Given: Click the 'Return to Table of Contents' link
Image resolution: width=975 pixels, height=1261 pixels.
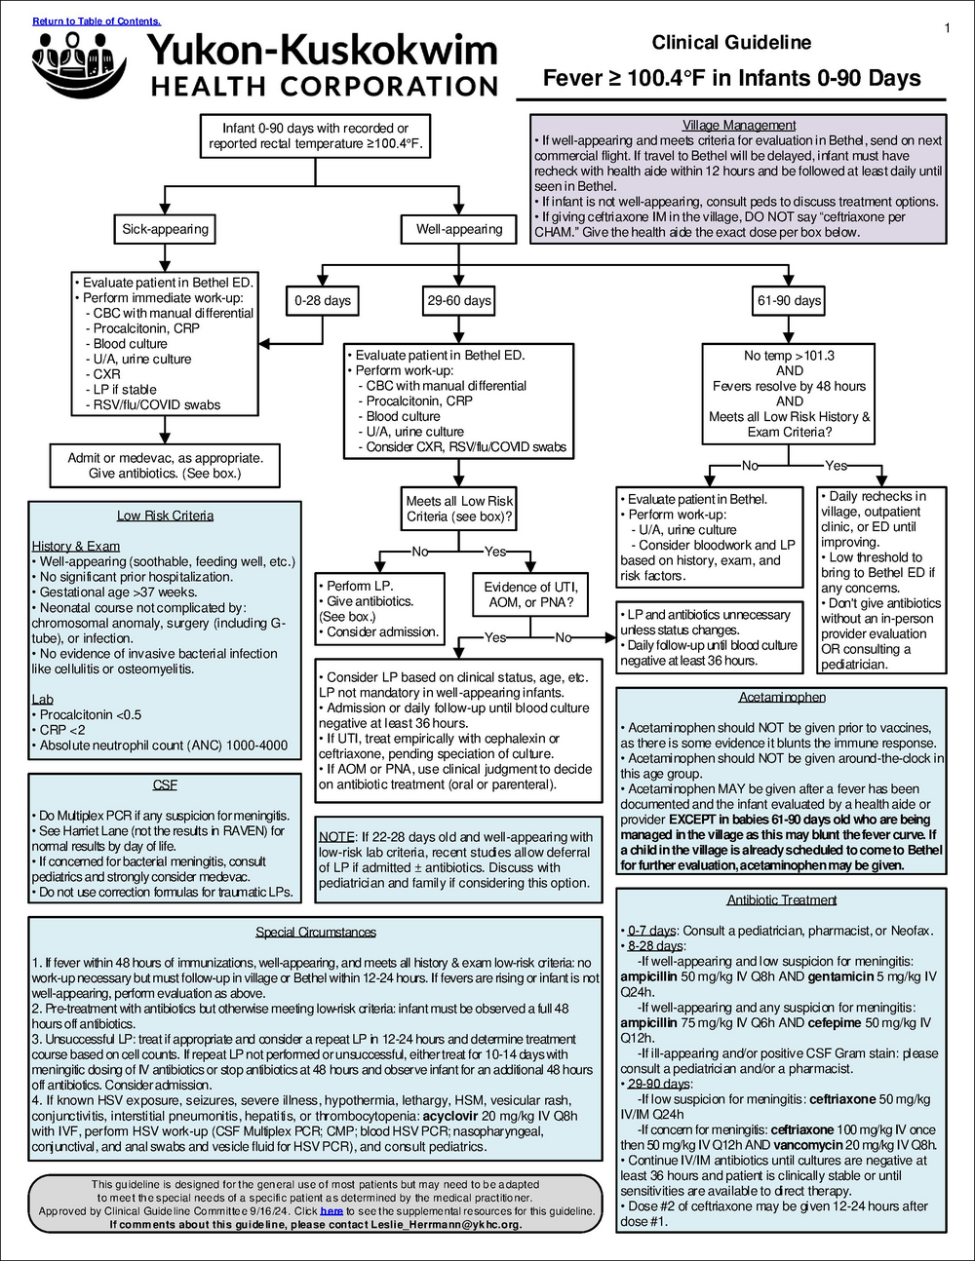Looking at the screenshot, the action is click(x=97, y=21).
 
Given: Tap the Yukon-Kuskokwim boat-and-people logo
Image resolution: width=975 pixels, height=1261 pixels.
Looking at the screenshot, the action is click(x=78, y=64).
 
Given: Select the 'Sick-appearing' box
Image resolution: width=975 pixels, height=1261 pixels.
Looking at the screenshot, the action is click(x=165, y=229).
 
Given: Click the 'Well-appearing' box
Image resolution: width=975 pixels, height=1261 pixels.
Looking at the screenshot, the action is click(x=458, y=229).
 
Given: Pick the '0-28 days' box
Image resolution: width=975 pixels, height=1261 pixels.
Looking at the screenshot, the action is click(x=323, y=300).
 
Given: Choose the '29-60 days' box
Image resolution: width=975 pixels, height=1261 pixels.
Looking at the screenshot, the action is click(x=459, y=300).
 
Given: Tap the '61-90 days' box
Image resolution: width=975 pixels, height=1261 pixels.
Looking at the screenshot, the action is click(x=789, y=300).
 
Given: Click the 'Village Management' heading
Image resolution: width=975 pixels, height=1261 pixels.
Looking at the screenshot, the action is click(x=739, y=126).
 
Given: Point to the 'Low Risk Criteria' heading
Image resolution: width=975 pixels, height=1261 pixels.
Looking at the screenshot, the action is click(x=166, y=516).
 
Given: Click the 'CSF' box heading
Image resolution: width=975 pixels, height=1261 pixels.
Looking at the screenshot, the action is click(x=165, y=785).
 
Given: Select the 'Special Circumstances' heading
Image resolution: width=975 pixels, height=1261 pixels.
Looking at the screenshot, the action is click(x=316, y=932).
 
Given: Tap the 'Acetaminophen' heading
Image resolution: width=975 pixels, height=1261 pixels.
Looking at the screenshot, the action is click(x=782, y=697).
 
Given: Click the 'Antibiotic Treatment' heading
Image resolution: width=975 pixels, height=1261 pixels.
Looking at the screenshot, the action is click(x=782, y=900).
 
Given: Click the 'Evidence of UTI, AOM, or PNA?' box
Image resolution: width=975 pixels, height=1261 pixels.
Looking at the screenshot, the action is click(x=530, y=594).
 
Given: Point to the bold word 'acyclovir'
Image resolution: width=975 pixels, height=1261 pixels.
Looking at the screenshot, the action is click(x=449, y=1116).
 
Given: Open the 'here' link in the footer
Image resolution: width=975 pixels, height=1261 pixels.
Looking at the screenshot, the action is click(x=331, y=1211).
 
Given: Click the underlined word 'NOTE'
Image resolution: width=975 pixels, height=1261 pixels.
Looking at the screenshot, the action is click(x=336, y=837).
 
